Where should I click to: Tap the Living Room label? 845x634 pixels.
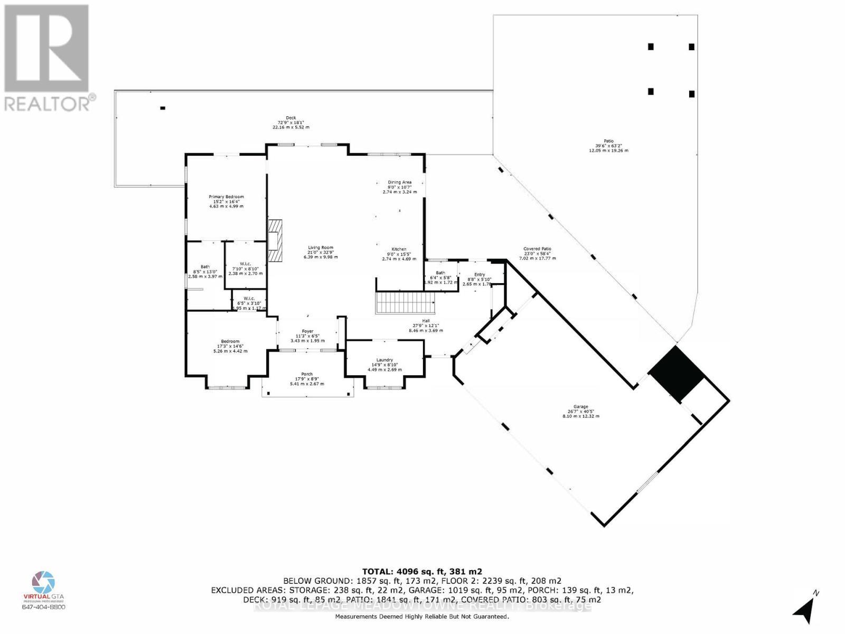click(x=321, y=247)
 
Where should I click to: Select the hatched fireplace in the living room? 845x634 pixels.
click(x=275, y=241)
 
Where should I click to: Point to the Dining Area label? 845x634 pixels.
click(x=399, y=182)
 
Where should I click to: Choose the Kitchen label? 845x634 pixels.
click(x=399, y=249)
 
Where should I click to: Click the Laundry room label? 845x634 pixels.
click(x=384, y=360)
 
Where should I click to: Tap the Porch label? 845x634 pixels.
click(x=306, y=374)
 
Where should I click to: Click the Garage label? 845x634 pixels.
click(x=581, y=407)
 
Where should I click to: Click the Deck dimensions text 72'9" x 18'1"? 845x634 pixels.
click(x=290, y=123)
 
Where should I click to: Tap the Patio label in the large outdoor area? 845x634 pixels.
click(x=608, y=141)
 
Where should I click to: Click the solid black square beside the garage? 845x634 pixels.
click(x=677, y=374)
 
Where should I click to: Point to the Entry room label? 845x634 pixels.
click(x=479, y=274)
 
